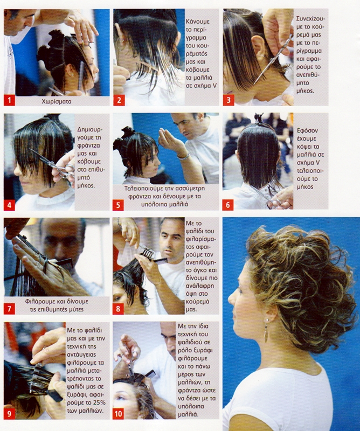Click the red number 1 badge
click(9, 100)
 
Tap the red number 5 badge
click(118, 205)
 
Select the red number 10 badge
click(118, 413)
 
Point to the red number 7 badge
click(9, 309)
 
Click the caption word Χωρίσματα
click(57, 101)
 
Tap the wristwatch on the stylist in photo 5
click(183, 157)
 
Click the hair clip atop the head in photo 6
click(259, 118)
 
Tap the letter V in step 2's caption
click(215, 86)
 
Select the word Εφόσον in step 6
click(307, 130)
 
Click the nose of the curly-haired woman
click(231, 298)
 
